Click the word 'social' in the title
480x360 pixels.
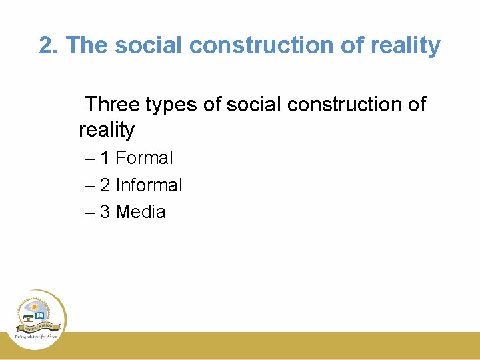pos(143,45)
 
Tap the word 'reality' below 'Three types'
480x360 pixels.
pos(107,129)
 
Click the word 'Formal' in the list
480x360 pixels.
pos(144,158)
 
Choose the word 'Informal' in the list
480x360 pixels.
pos(149,185)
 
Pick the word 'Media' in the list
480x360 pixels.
pos(141,212)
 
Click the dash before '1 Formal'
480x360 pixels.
pos(90,159)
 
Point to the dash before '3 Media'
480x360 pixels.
pos(90,213)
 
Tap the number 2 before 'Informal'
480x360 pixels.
pos(105,185)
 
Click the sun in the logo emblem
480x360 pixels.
pos(35,307)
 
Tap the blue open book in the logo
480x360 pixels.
pos(41,315)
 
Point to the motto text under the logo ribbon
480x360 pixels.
pos(37,337)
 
